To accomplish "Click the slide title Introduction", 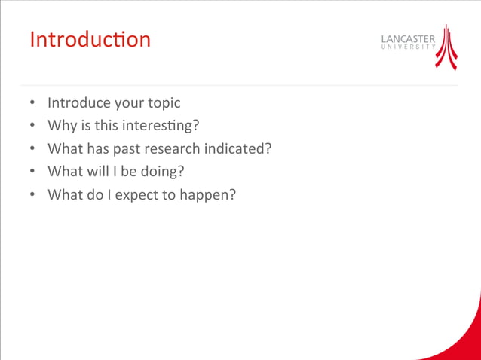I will pos(90,39).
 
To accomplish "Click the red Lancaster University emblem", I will pos(447,47).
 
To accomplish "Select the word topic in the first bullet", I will pos(163,103).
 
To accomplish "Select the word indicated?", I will pos(237,148).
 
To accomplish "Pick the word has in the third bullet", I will pos(97,148).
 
